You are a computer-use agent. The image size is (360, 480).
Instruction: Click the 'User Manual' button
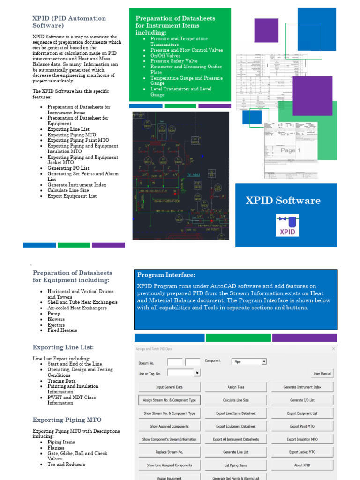(x=322, y=374)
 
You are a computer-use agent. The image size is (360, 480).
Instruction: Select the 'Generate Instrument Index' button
(x=302, y=387)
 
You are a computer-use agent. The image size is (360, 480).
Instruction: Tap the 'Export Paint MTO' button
(x=302, y=427)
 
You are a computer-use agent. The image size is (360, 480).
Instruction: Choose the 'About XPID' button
(x=302, y=465)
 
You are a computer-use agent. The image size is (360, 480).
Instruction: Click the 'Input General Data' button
(x=169, y=387)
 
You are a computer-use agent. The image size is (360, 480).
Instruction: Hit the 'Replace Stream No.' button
(x=169, y=452)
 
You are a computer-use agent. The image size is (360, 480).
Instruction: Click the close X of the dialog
(x=333, y=349)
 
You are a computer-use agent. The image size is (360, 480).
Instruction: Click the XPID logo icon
(x=287, y=225)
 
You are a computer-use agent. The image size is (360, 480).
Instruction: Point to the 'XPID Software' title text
(x=283, y=201)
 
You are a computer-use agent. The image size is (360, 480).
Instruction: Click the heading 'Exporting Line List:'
(x=63, y=347)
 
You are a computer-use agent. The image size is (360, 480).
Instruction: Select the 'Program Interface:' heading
(x=166, y=275)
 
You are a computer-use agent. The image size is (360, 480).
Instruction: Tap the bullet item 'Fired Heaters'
(x=62, y=330)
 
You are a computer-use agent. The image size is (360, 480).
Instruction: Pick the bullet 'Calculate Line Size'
(x=68, y=190)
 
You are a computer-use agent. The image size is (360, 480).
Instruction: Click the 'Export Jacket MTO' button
(x=302, y=452)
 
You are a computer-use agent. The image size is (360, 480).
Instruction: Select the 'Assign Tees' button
(x=236, y=387)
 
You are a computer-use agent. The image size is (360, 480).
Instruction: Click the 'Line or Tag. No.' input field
(x=180, y=373)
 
